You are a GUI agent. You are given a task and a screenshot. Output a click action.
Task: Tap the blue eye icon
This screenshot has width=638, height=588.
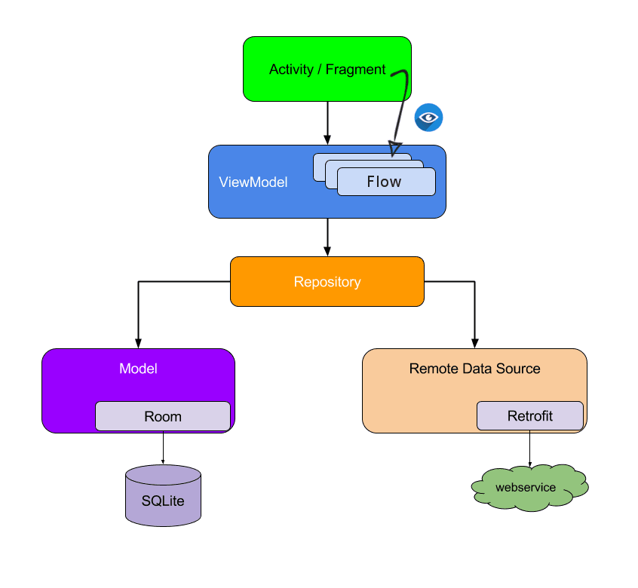point(428,118)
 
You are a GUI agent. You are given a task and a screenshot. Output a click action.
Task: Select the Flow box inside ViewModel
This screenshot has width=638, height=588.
point(385,182)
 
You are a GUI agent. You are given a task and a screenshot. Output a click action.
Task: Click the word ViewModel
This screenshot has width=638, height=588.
point(253,182)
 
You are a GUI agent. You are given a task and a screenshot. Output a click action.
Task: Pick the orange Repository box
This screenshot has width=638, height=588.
point(327,282)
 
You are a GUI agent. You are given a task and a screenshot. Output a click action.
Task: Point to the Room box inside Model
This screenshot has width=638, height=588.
point(162,416)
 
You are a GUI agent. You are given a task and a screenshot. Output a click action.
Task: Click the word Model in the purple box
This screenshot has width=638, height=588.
point(138,369)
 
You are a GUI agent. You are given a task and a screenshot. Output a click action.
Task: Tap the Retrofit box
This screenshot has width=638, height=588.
point(529,416)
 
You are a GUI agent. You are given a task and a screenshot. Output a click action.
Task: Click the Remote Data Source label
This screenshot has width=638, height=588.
point(474,369)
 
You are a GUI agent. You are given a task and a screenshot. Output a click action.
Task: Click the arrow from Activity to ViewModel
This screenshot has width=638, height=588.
point(327,121)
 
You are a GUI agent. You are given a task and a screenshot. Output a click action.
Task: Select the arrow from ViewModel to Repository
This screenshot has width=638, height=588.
point(327,236)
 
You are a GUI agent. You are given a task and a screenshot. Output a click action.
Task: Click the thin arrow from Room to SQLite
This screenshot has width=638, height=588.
point(163,448)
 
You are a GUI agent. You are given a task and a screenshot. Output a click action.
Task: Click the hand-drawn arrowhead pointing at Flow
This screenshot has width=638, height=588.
point(394,148)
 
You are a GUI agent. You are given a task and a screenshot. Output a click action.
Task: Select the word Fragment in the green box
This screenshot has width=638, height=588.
point(355,69)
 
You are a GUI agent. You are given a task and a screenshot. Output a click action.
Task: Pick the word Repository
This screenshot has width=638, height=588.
point(327,282)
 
